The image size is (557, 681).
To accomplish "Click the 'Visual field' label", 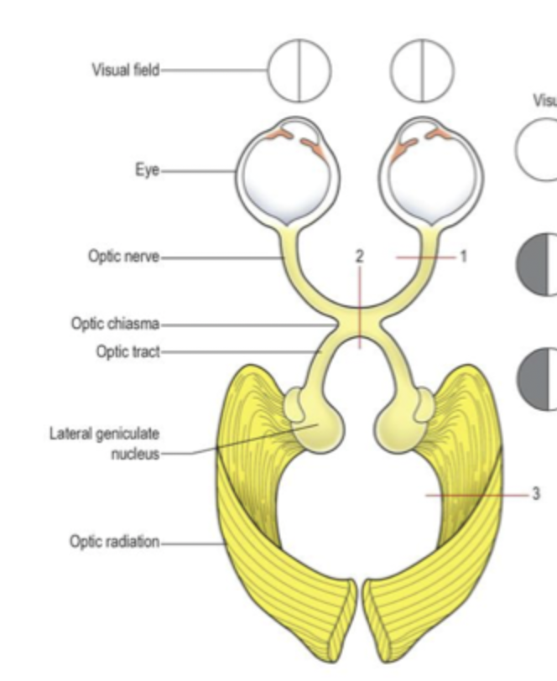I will pos(125,69).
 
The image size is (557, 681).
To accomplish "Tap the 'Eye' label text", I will pos(147,171).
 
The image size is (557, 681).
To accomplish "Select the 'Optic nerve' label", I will pos(124,255).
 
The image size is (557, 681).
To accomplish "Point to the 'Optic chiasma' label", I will pos(114,323).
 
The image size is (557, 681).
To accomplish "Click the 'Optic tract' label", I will pos(127,351).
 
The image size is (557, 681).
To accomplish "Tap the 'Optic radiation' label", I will pos(114,541).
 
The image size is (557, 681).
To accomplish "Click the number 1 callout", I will pos(461,256).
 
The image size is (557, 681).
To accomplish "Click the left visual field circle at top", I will pos(299,69).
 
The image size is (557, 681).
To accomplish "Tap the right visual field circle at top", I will pos(423,69).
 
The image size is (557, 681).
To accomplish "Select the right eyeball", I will pos(435,172).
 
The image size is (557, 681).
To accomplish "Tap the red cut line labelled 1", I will pos(424,257).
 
